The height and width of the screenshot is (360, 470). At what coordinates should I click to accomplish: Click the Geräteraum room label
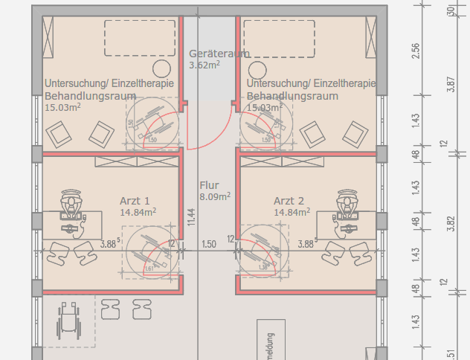point(219,54)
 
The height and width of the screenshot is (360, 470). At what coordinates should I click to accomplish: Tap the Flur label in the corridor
point(209,185)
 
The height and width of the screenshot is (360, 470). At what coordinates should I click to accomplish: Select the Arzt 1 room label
point(135,201)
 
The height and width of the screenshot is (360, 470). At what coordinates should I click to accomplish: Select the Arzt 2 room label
point(289,201)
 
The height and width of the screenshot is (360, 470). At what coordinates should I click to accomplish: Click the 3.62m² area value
point(205,65)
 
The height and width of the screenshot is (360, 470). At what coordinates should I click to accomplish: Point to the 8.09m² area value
point(215,197)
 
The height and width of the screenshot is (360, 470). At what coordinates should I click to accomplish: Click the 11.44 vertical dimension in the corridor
point(191,216)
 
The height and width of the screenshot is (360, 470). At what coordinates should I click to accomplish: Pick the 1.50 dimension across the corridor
point(209,243)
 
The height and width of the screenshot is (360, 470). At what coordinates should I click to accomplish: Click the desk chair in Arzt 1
point(71,202)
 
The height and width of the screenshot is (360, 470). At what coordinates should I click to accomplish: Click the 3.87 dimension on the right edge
point(451,84)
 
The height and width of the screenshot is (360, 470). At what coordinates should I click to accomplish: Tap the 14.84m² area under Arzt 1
point(138,213)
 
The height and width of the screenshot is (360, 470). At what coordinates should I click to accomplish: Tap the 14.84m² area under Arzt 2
point(289,213)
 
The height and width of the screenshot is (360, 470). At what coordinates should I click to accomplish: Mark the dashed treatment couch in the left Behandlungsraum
point(139,38)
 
